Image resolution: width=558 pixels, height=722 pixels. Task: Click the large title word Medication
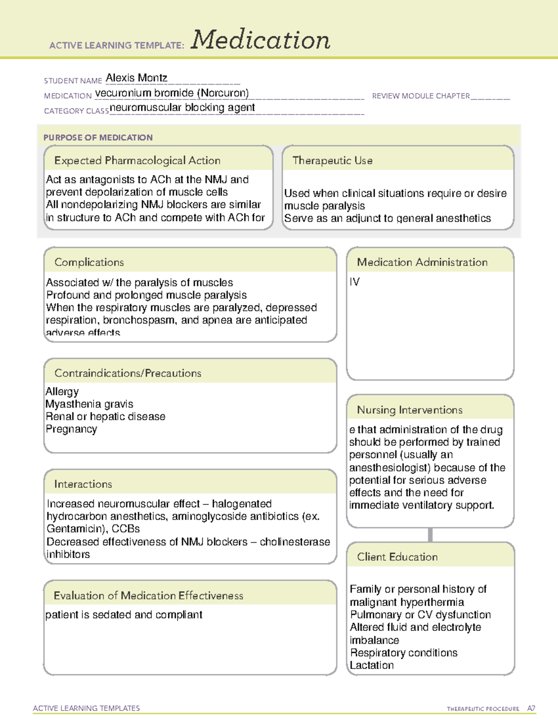[x=260, y=40]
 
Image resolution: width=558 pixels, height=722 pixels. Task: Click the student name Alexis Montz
[x=136, y=78]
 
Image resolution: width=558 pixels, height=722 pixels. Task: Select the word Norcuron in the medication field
[x=223, y=93]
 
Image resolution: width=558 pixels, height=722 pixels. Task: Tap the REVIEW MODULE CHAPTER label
[x=421, y=96]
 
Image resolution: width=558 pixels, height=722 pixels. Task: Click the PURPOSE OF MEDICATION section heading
[x=98, y=138]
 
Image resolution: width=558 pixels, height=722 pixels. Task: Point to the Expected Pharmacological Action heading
[x=137, y=161]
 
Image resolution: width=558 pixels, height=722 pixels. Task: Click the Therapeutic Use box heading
[x=332, y=161]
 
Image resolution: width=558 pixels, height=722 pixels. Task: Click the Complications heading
[x=89, y=263]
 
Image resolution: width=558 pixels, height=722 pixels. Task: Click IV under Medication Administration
[x=354, y=282]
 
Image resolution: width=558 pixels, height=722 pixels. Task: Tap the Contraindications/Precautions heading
[x=128, y=373]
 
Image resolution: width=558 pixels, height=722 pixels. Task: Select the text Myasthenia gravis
[x=89, y=404]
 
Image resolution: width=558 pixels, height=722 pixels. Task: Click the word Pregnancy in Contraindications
[x=71, y=429]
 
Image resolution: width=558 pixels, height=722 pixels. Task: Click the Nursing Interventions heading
[x=410, y=410]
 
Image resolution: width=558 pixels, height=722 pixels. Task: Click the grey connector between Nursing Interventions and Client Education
[x=430, y=535]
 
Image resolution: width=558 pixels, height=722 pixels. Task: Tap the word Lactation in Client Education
[x=372, y=665]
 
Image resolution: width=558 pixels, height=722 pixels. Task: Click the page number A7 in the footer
[x=531, y=709]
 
